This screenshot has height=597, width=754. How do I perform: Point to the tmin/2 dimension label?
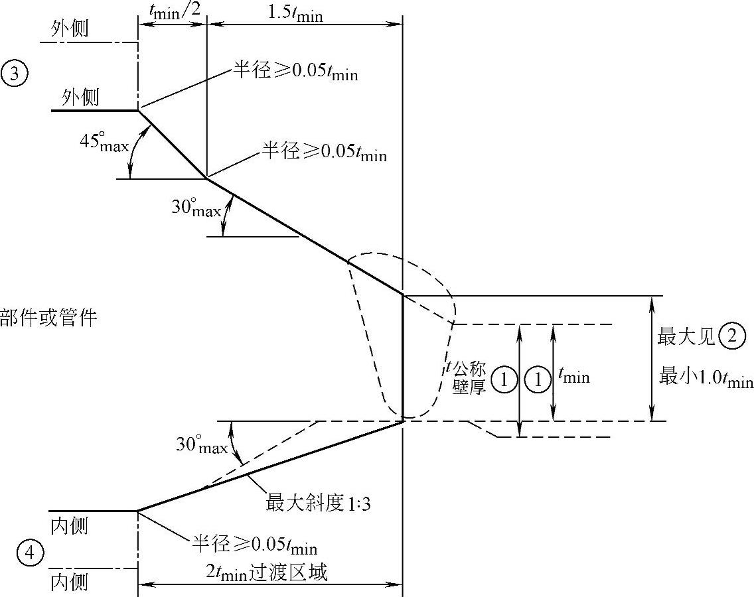click(172, 8)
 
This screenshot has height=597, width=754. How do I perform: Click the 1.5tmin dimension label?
click(295, 12)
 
